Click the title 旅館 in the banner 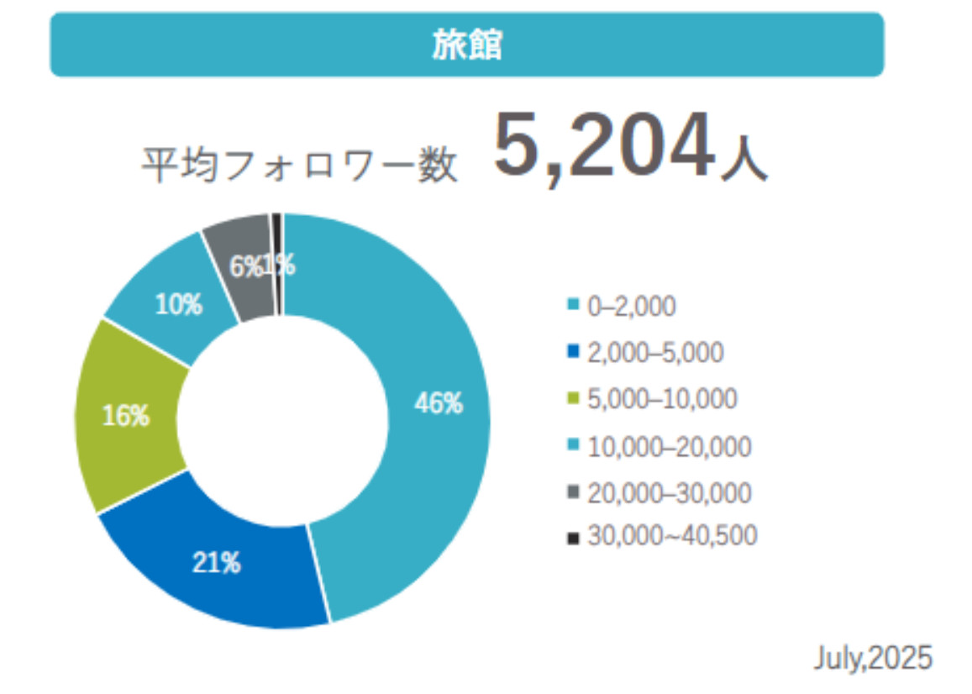467,45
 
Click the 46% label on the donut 439,404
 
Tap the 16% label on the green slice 126,415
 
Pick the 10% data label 177,305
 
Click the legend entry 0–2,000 622,308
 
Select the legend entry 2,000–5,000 645,353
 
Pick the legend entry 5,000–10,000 653,399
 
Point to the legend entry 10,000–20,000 659,447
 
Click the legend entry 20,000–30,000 659,492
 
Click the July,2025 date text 872,658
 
